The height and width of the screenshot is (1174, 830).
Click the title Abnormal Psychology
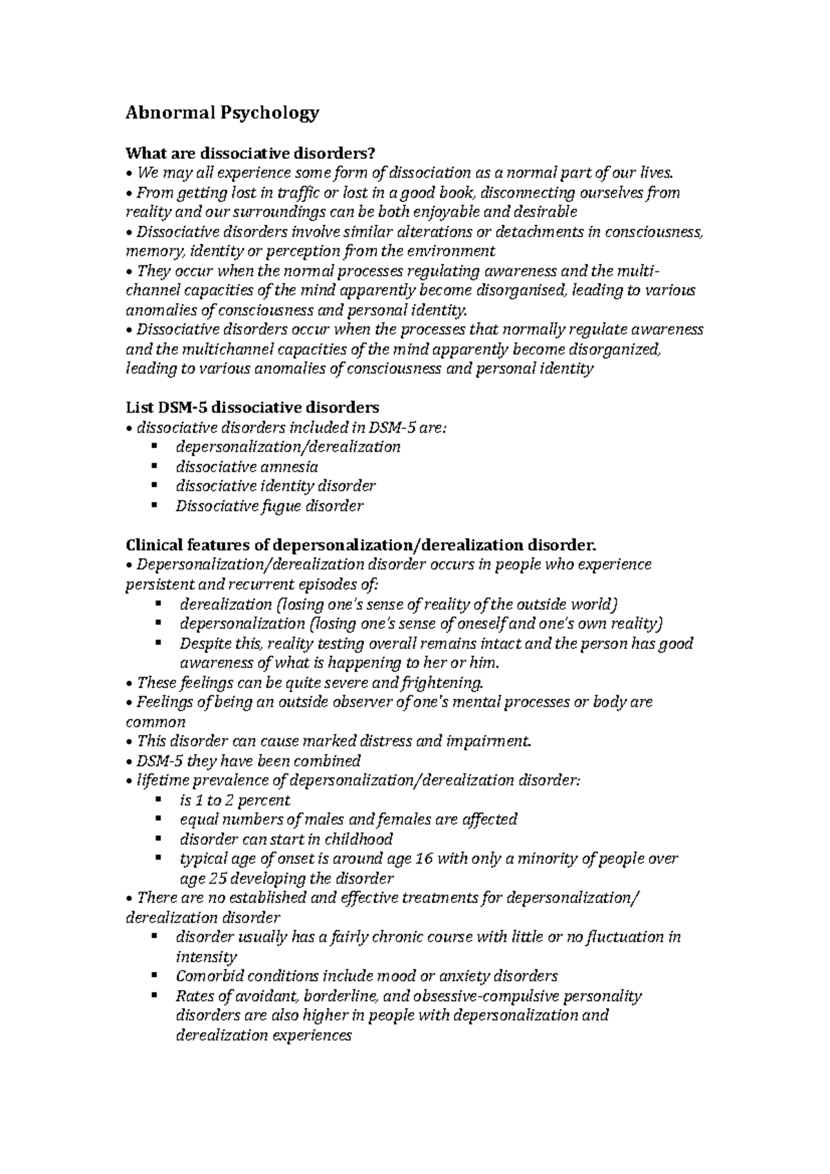222,113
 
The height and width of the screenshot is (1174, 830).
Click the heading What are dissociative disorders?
252,152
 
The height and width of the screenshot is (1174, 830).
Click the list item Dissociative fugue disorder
269,506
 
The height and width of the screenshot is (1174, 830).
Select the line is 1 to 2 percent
234,801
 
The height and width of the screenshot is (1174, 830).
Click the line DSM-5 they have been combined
249,761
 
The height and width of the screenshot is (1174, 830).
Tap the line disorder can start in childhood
286,840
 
